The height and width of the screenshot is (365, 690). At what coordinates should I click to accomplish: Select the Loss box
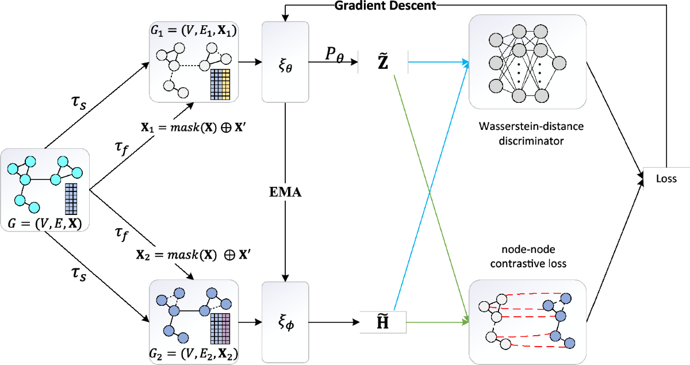pos(666,179)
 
